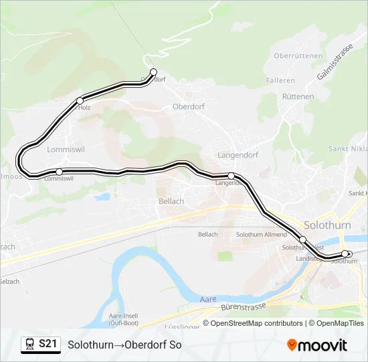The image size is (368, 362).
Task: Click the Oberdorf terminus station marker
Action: point(153,72)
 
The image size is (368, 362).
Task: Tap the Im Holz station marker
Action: point(80,101)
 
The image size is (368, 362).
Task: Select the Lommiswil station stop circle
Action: point(60,172)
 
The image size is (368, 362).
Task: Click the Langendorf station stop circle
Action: point(231,176)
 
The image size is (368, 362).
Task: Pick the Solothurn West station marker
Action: point(302,239)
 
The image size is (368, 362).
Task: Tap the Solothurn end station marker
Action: point(345,253)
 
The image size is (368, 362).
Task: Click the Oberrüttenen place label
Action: point(298,56)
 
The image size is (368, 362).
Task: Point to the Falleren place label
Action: point(280,80)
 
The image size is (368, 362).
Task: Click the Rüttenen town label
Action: point(298,97)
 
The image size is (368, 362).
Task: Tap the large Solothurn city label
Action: point(327,225)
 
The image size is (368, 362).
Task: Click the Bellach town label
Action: point(171,201)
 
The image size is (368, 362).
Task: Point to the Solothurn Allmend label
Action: point(262,235)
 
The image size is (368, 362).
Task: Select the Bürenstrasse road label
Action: point(243,308)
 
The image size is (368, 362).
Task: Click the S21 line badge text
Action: point(47,345)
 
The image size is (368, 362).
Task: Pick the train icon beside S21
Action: point(30,345)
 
